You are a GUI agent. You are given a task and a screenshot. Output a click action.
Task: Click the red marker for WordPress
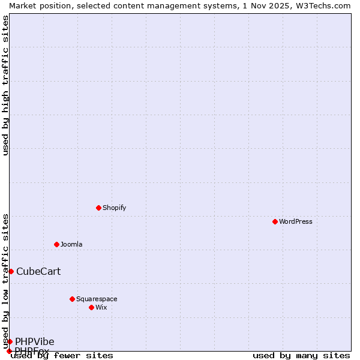pos(275,221)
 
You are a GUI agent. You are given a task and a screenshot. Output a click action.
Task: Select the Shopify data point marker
pos(98,208)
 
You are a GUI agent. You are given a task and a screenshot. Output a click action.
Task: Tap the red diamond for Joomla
pos(56,244)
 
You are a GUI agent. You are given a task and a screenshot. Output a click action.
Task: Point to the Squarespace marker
pos(72,299)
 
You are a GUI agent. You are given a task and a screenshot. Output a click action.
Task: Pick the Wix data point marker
pos(91,307)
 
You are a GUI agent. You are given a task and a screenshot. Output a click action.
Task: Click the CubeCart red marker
pos(11,271)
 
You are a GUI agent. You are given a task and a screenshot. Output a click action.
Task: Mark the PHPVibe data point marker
pos(10,341)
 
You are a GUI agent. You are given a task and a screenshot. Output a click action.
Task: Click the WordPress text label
pos(296,221)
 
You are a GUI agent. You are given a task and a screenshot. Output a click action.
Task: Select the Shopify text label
pos(114,208)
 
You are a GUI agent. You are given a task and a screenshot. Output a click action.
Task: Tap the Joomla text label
pos(71,244)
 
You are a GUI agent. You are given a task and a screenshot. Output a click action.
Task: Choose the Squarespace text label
pos(97,299)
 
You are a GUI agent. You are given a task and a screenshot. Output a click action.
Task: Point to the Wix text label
pos(101,307)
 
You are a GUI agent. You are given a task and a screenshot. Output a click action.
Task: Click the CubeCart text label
pos(38,271)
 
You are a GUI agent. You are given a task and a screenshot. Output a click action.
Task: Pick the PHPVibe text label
pos(35,341)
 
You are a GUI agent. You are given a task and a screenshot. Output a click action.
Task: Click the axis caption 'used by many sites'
pos(301,356)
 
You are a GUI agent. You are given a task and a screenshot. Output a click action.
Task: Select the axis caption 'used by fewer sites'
pos(62,356)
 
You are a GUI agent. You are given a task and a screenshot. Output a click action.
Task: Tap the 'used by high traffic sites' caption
pos(5,85)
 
